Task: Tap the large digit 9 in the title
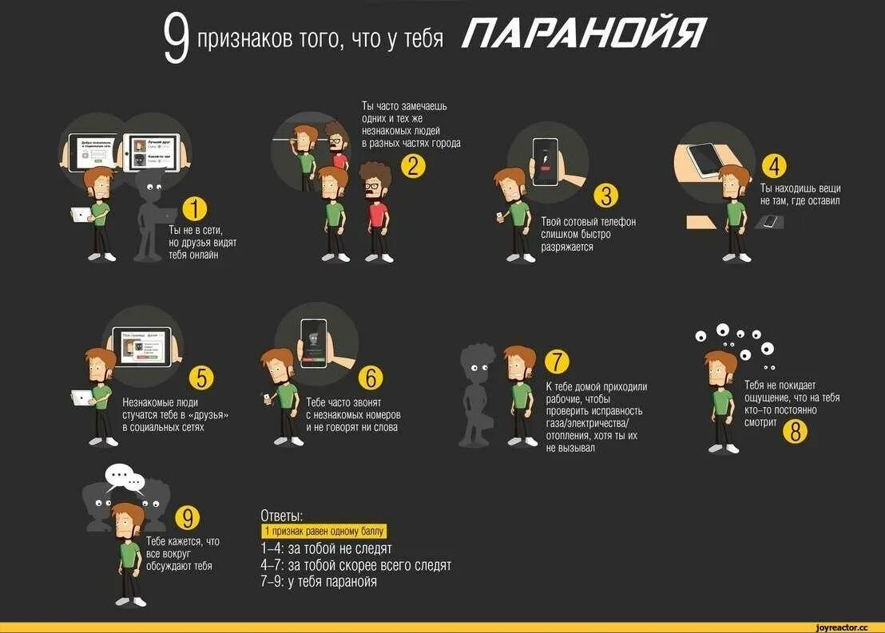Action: pyautogui.click(x=177, y=40)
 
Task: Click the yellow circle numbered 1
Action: pyautogui.click(x=196, y=210)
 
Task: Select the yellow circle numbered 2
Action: pyautogui.click(x=412, y=166)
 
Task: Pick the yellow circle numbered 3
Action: pyautogui.click(x=606, y=196)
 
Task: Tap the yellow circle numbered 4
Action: pyautogui.click(x=774, y=166)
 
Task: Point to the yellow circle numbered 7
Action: pyautogui.click(x=558, y=362)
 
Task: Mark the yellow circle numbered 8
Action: pyautogui.click(x=795, y=431)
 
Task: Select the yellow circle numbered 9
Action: pyautogui.click(x=186, y=518)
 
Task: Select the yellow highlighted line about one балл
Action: pyautogui.click(x=323, y=531)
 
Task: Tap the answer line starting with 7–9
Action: pyautogui.click(x=319, y=582)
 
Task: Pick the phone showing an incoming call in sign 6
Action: pyautogui.click(x=313, y=342)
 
